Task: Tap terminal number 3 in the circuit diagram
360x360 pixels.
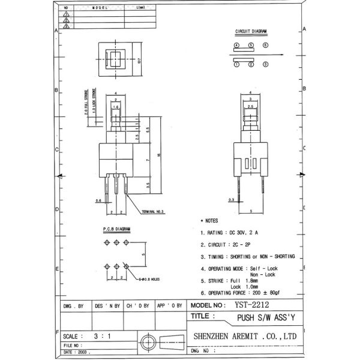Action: [x=265, y=64]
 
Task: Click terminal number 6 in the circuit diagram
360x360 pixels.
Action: [x=265, y=46]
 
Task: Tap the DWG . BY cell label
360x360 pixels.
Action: [x=73, y=305]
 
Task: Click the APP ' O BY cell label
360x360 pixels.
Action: [x=169, y=305]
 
